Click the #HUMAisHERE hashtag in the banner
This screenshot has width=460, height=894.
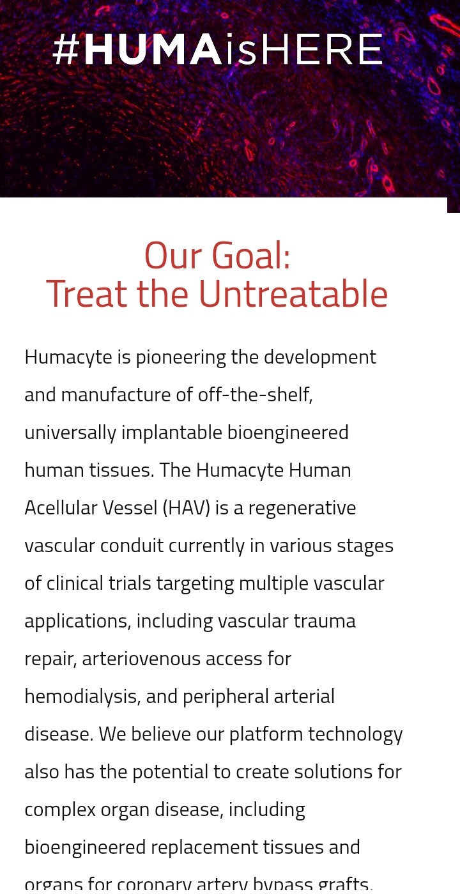[218, 49]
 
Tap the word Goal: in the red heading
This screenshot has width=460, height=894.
[250, 256]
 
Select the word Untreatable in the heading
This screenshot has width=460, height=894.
[293, 294]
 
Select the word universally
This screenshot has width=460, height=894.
[70, 433]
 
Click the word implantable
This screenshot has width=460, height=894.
[172, 433]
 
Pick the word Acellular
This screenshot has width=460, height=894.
[61, 509]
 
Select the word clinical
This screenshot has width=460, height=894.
[98, 583]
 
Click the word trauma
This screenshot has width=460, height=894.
[325, 621]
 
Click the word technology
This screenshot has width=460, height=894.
[355, 735]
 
